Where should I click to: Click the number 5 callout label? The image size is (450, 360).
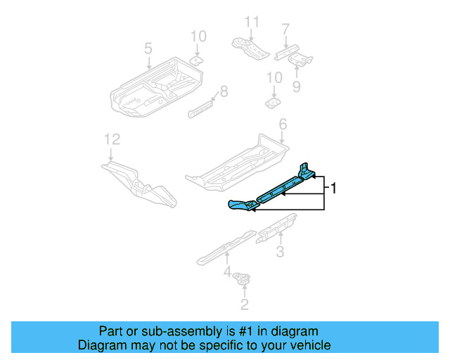(x=148, y=49)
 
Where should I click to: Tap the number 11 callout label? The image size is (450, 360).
(x=247, y=22)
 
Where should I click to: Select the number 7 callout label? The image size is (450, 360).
(x=285, y=30)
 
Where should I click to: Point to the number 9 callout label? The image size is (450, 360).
(x=296, y=86)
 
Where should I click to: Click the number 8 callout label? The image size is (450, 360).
(x=224, y=91)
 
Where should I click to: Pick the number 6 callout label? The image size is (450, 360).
(x=283, y=124)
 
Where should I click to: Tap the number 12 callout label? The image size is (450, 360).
(x=108, y=139)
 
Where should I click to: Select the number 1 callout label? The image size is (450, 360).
(x=335, y=188)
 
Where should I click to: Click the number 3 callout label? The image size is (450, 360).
(x=279, y=252)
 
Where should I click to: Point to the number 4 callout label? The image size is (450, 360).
(x=227, y=271)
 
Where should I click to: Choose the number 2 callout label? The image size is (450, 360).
(x=244, y=304)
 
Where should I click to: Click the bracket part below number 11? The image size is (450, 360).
(x=250, y=47)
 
